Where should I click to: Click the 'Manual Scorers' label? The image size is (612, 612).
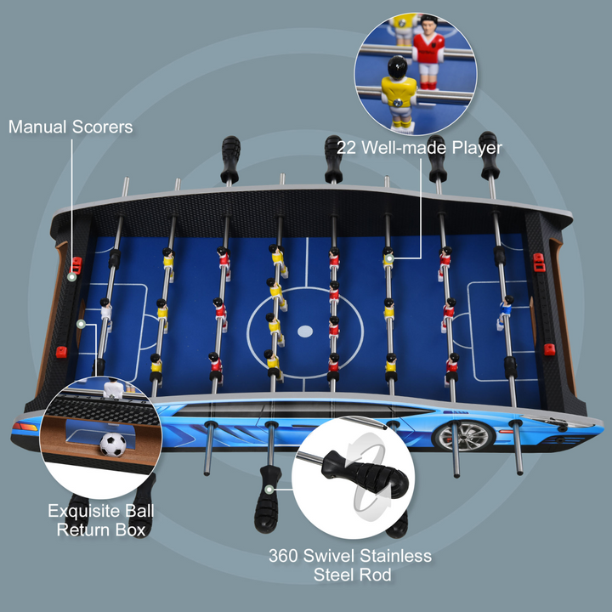[x=71, y=127]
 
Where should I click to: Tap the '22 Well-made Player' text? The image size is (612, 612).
[x=419, y=147]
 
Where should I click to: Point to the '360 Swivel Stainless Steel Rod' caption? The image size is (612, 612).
[x=350, y=565]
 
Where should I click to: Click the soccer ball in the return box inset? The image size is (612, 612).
[x=112, y=444]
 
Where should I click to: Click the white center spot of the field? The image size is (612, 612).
[x=304, y=330]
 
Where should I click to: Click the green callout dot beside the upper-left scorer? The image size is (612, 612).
[x=72, y=276]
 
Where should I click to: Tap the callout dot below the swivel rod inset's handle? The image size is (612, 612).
[x=269, y=490]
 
